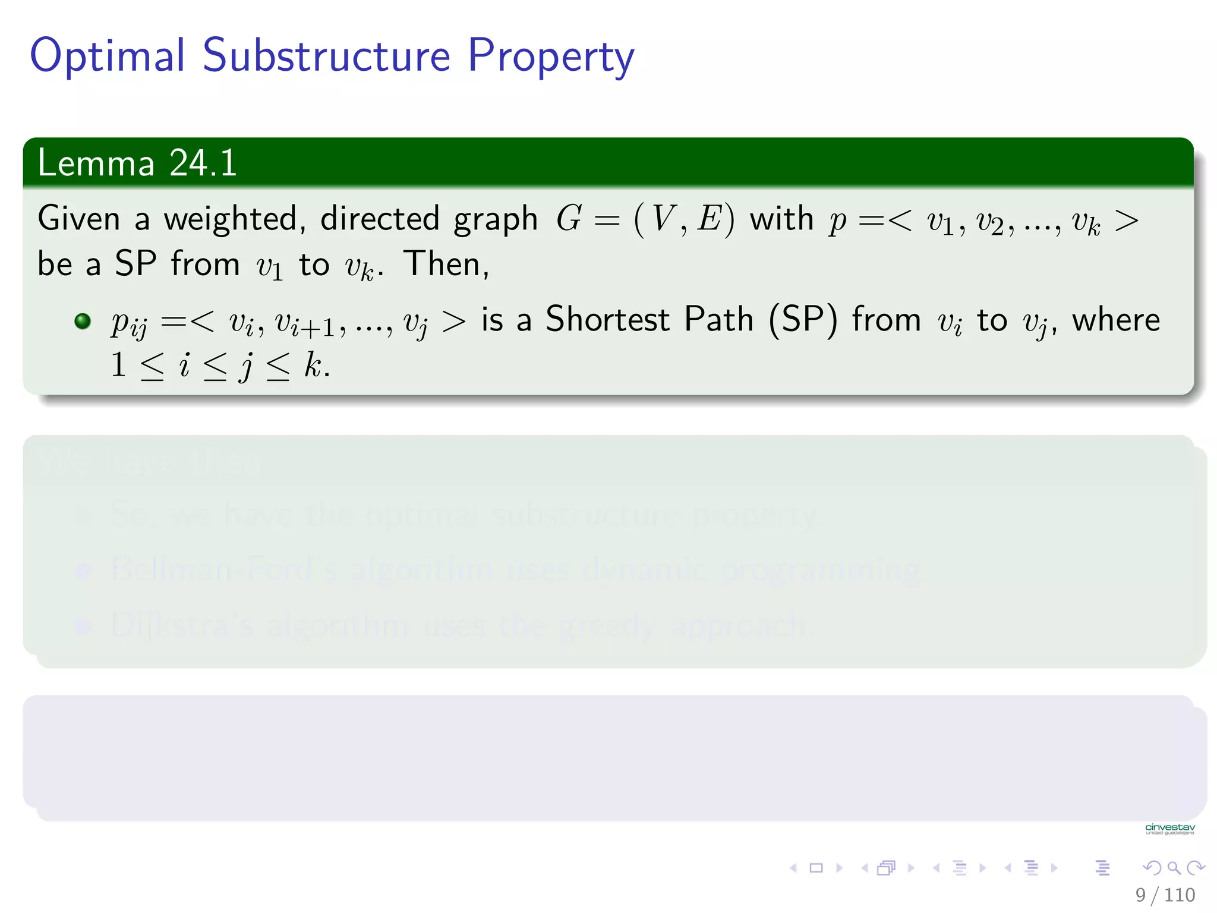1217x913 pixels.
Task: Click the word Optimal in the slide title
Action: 108,56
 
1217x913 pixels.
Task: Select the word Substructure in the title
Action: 326,56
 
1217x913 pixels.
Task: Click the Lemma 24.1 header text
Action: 137,163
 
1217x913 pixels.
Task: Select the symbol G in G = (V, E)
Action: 569,218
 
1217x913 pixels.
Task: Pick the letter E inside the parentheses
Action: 709,218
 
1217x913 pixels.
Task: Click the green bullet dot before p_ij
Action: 83,321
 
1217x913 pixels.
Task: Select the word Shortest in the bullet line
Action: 607,319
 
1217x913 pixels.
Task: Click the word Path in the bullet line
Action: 718,319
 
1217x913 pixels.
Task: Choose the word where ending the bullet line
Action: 1115,320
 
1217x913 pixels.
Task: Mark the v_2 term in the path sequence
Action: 989,222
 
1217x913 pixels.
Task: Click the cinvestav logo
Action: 1169,829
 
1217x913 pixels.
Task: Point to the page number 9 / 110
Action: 1165,895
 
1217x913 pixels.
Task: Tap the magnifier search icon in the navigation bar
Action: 1174,868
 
